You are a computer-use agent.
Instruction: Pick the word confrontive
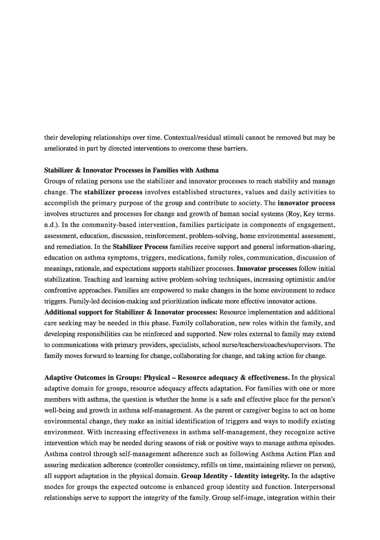click(59, 291)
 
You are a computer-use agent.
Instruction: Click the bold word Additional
click(61, 312)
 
